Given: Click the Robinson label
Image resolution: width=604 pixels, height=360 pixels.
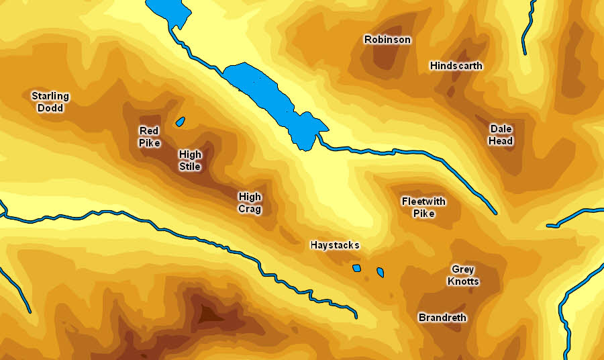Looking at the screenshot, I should coord(387,40).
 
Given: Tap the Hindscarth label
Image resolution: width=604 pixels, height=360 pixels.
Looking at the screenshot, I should coord(456,66).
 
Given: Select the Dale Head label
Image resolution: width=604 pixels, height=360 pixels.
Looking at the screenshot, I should coord(501,134).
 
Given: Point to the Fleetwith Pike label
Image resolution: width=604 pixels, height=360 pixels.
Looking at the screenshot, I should coord(423,208).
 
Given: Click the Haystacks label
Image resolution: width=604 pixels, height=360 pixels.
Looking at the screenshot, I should coord(334,245).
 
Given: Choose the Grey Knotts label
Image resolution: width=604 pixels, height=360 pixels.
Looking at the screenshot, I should coord(463,275).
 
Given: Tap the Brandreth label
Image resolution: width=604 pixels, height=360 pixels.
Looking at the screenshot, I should coord(442,317).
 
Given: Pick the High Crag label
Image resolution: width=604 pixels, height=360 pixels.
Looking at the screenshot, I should coord(250,203).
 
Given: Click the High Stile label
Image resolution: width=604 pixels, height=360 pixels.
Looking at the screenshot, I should coord(190,160).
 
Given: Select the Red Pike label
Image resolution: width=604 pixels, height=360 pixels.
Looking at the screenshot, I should coord(150,136).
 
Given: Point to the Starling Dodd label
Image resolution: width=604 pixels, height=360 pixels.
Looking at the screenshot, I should coord(50,102).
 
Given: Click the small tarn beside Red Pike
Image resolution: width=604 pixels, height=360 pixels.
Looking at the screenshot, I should coord(180,122).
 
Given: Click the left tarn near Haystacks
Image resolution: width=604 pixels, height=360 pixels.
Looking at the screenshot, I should coord(356,268).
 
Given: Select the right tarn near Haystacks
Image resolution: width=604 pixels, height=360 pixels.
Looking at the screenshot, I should coord(380,272).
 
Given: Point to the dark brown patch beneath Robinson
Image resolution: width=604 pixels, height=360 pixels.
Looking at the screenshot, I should coord(385,58).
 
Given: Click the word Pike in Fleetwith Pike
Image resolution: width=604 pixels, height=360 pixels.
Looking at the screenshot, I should coord(423,214).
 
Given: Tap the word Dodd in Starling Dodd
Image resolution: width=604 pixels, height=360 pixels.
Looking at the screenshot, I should coord(50,108).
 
